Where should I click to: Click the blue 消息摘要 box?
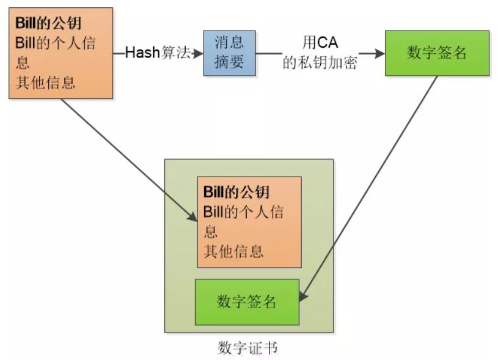(x=229, y=53)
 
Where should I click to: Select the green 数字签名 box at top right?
(x=437, y=53)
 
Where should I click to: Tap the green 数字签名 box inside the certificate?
(x=246, y=302)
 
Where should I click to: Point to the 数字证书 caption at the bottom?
(x=247, y=348)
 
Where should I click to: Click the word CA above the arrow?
(x=328, y=42)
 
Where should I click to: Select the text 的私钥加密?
(x=320, y=63)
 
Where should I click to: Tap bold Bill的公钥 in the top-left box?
(x=48, y=25)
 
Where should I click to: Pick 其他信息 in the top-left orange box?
(x=45, y=82)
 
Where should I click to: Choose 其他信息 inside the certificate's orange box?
(x=233, y=251)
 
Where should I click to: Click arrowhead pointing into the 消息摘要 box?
(x=199, y=53)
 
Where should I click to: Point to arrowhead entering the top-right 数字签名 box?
(x=380, y=53)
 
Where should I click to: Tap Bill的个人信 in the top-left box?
(x=55, y=44)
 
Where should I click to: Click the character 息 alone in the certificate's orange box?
(x=210, y=232)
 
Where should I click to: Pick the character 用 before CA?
(x=310, y=42)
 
